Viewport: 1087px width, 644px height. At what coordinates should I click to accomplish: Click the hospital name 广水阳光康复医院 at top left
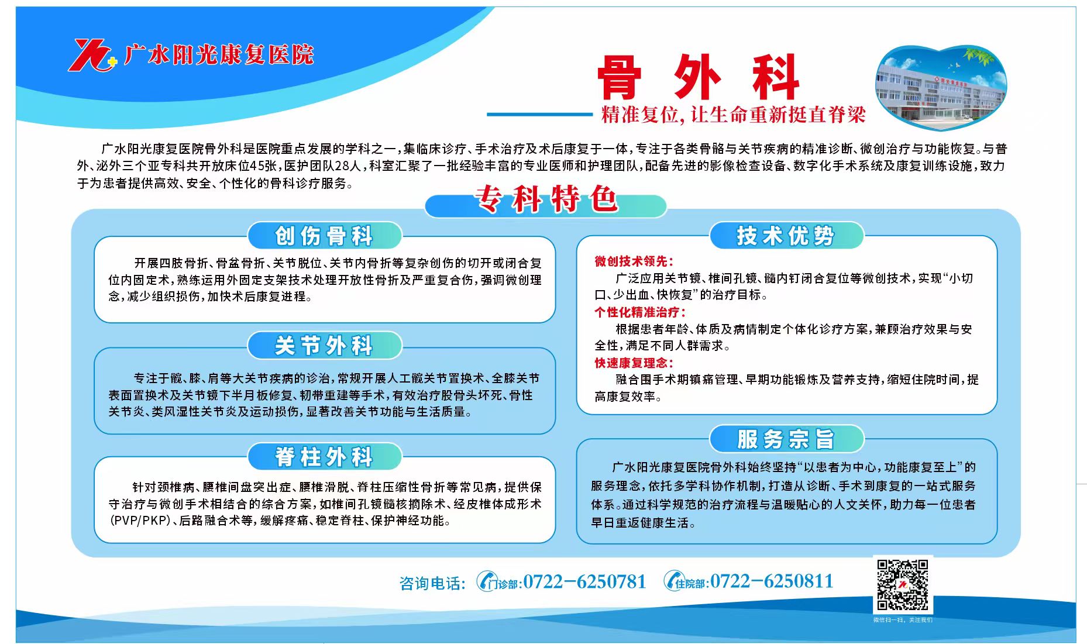(x=219, y=55)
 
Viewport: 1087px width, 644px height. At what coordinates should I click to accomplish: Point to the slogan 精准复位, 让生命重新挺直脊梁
(x=733, y=115)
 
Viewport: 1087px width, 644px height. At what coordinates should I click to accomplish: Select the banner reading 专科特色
(x=545, y=199)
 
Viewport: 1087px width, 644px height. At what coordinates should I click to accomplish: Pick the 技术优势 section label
(x=786, y=236)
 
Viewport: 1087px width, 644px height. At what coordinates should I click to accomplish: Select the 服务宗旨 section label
(x=786, y=439)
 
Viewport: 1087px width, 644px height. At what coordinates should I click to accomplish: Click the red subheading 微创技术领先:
(x=634, y=261)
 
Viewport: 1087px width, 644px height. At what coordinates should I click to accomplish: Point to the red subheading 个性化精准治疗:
(x=640, y=312)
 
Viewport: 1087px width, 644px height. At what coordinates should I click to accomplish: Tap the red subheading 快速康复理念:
(x=634, y=363)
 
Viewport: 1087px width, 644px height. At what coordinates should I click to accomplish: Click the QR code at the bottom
(x=903, y=585)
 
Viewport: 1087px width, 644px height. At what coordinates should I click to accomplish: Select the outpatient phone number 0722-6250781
(x=584, y=581)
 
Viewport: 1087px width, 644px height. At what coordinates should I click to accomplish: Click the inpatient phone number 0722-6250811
(x=772, y=581)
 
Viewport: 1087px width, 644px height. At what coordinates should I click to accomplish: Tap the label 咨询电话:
(x=432, y=583)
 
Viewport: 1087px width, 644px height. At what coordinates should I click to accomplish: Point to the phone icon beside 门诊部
(x=486, y=581)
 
